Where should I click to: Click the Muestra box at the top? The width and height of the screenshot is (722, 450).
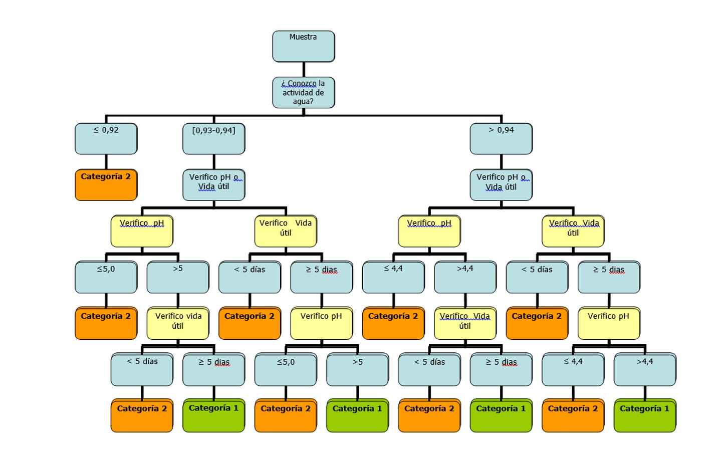pos(303,46)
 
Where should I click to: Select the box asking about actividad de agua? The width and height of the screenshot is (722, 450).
pos(303,93)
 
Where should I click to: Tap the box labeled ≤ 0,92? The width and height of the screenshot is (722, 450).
pos(106,139)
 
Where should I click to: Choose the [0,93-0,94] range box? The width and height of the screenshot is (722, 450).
pos(213,139)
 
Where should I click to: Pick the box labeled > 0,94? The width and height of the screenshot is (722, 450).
pos(501,139)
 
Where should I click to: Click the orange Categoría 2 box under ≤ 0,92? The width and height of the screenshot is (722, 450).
pos(106,185)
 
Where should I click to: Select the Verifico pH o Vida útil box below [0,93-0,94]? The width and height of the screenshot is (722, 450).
pos(213,185)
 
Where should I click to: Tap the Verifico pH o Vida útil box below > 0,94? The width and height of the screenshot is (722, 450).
pos(501,185)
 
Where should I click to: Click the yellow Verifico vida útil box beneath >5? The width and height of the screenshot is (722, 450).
pos(178,323)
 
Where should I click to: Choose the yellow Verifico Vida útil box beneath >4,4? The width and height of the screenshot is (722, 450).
pos(465,323)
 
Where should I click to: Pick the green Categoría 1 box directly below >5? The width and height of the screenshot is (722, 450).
pos(357,415)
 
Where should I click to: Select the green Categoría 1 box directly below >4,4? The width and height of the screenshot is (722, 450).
pos(645,415)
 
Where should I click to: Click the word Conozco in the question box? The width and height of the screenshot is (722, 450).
pos(302,84)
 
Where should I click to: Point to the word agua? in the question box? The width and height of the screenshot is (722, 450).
pos(303,102)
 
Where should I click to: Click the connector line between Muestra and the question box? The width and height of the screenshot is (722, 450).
pos(304,70)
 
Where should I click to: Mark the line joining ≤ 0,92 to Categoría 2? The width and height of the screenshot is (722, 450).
pos(106,162)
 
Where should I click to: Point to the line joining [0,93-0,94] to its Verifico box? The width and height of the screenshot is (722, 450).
pos(214,162)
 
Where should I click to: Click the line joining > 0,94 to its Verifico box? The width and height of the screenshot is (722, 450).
pos(501,162)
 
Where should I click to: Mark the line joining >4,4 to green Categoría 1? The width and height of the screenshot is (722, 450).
pos(645,392)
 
